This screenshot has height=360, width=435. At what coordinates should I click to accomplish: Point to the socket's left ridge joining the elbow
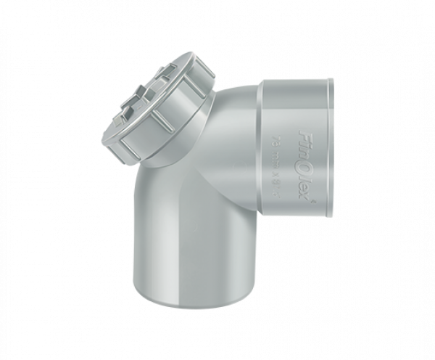[x=262, y=145]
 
